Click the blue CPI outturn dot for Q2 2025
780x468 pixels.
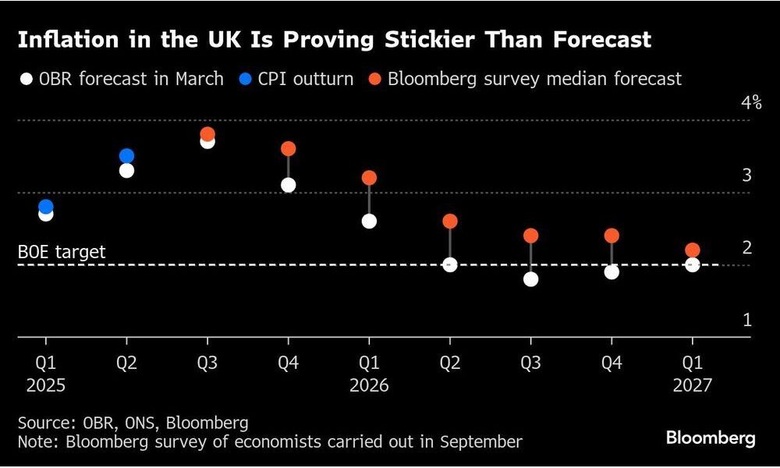point(126,156)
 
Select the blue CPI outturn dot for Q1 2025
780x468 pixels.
point(46,207)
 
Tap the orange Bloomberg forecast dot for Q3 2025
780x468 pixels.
point(207,134)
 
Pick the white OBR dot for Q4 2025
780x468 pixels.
point(288,185)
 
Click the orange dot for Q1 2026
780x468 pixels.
point(369,178)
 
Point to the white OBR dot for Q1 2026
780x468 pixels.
point(369,221)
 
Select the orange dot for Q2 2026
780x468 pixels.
point(450,221)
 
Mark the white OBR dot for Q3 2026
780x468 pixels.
point(530,278)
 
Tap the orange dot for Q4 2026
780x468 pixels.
point(612,236)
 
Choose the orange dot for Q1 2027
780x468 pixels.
point(692,250)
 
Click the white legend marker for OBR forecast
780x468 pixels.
point(27,80)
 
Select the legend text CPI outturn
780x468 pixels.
point(310,79)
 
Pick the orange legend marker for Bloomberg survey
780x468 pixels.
point(374,80)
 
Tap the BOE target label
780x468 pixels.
point(62,253)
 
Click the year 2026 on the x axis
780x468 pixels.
point(369,385)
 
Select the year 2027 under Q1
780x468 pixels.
point(692,385)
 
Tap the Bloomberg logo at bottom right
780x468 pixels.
point(711,438)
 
